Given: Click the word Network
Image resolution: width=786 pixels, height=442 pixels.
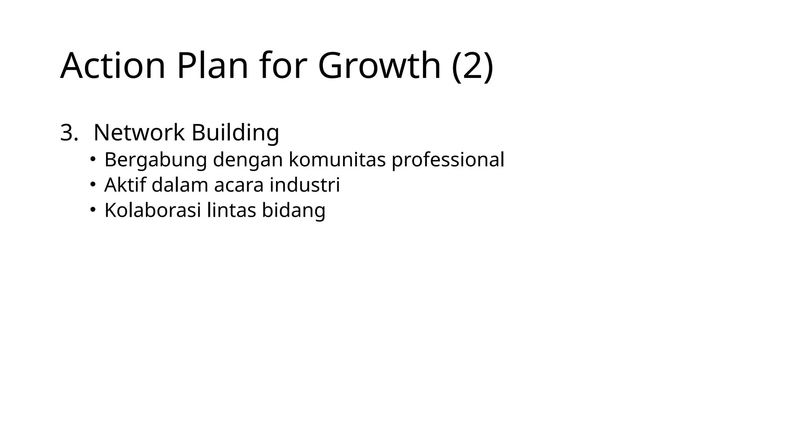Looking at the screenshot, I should [139, 133].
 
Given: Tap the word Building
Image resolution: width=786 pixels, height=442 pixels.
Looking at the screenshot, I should [235, 133].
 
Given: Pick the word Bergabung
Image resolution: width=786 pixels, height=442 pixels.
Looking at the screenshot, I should [155, 160].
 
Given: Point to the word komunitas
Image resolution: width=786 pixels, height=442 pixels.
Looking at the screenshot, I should [337, 159].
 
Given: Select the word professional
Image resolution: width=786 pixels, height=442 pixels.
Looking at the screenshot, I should [447, 160].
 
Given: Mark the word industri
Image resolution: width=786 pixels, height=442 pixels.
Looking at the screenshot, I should [305, 185].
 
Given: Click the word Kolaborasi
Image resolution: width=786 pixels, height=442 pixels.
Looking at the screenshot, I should [153, 210].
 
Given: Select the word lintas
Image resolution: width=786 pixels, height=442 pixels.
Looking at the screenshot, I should [231, 210].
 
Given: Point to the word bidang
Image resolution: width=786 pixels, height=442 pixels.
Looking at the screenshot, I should [294, 210].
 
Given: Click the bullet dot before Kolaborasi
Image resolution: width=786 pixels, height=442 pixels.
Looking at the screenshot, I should [92, 209].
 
